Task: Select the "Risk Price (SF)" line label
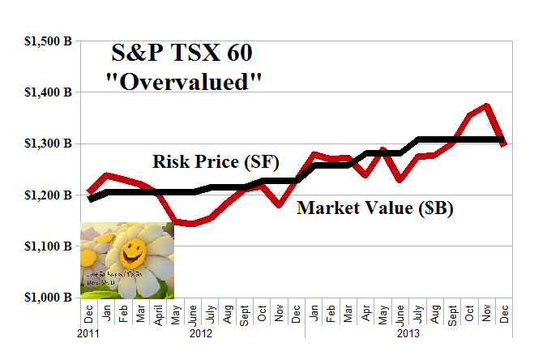216,161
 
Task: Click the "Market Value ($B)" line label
374,208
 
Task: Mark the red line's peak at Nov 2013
487,105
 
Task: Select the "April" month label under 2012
158,313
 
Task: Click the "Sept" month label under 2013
452,313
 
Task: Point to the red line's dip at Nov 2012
280,206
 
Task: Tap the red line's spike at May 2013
382,150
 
